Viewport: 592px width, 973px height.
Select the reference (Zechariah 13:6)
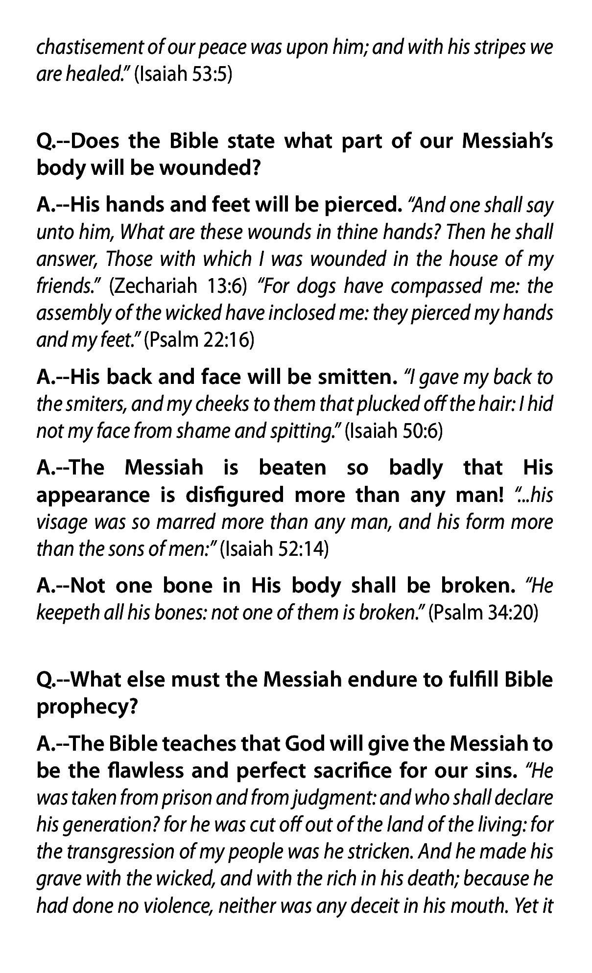pyautogui.click(x=178, y=285)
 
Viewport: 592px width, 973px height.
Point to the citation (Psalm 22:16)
pyautogui.click(x=199, y=339)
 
